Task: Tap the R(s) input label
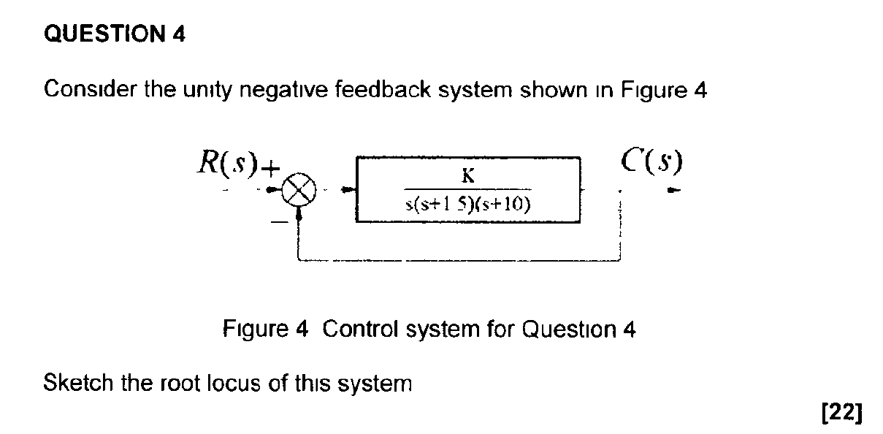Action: (228, 164)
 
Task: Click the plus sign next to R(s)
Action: (271, 170)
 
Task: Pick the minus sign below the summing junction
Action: (278, 223)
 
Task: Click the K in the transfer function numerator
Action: (468, 176)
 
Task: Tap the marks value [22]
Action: (842, 413)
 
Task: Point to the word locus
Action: (241, 382)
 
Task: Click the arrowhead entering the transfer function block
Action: (349, 192)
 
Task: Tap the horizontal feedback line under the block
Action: (459, 259)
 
